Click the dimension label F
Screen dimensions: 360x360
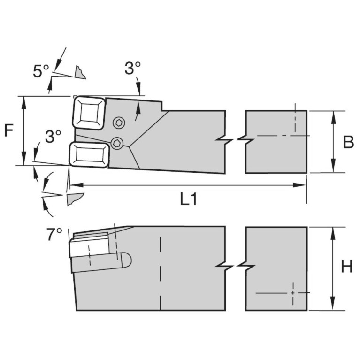pyautogui.click(x=9, y=130)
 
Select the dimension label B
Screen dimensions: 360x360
pyautogui.click(x=348, y=142)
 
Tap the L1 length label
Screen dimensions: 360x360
pyautogui.click(x=188, y=199)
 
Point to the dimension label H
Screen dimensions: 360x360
pyautogui.click(x=347, y=267)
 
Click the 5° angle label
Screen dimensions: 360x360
pyautogui.click(x=41, y=71)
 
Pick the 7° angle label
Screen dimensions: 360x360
pyautogui.click(x=54, y=234)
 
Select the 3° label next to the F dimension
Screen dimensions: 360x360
pyautogui.click(x=53, y=137)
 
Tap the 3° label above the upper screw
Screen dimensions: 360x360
pyautogui.click(x=132, y=69)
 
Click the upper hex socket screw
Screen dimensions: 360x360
pyautogui.click(x=120, y=123)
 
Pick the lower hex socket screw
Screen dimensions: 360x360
pyautogui.click(x=117, y=144)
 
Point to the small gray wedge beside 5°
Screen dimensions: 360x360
pyautogui.click(x=80, y=72)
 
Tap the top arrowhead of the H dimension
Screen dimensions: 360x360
pyautogui.click(x=333, y=231)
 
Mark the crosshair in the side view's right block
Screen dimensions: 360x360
pyautogui.click(x=293, y=292)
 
